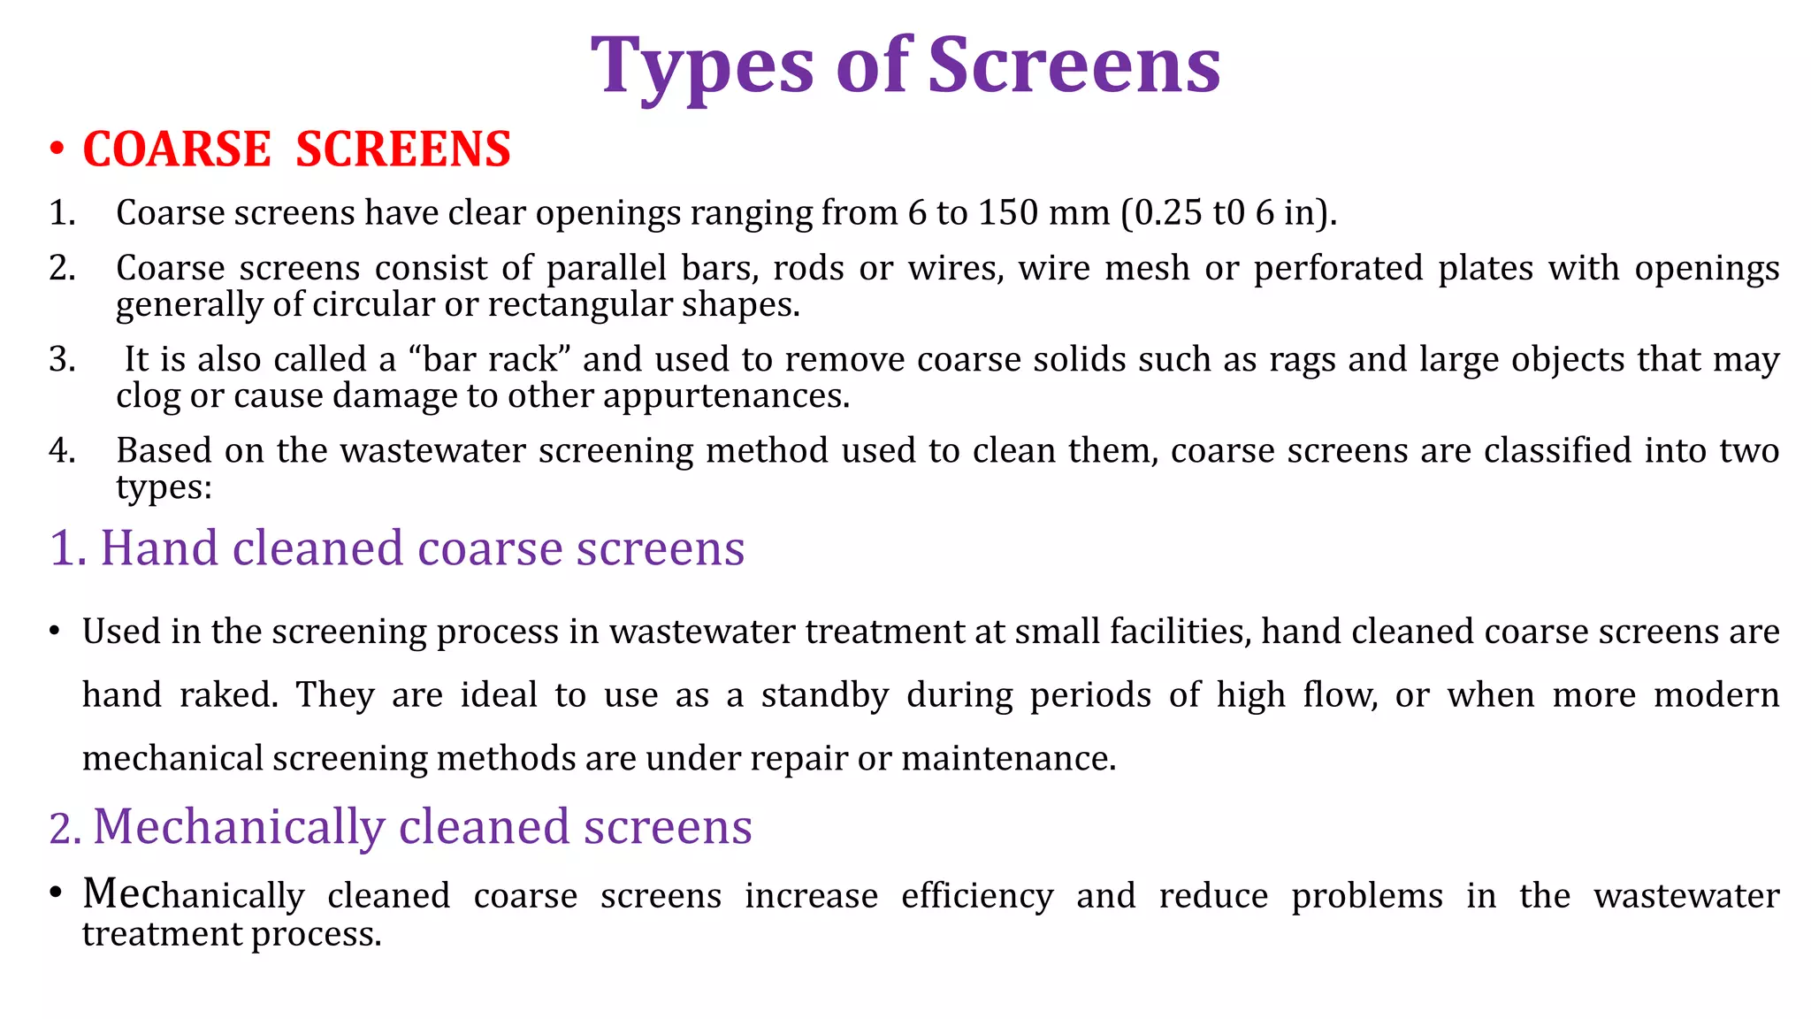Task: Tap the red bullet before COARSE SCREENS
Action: coord(57,149)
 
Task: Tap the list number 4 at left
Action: coord(61,451)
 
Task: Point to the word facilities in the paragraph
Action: coord(1180,632)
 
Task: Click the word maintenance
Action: coord(1008,759)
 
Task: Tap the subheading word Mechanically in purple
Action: coord(239,827)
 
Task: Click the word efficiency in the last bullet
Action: coord(977,896)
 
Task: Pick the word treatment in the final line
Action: coord(162,934)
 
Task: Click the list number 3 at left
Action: coord(61,360)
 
